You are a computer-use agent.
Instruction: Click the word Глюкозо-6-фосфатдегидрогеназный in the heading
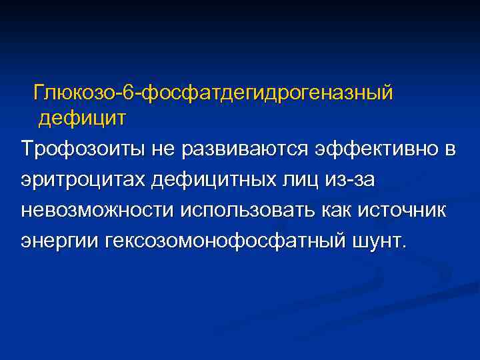click(x=213, y=93)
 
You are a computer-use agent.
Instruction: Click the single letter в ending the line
click(x=451, y=150)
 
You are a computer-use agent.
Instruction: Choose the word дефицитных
click(x=213, y=180)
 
